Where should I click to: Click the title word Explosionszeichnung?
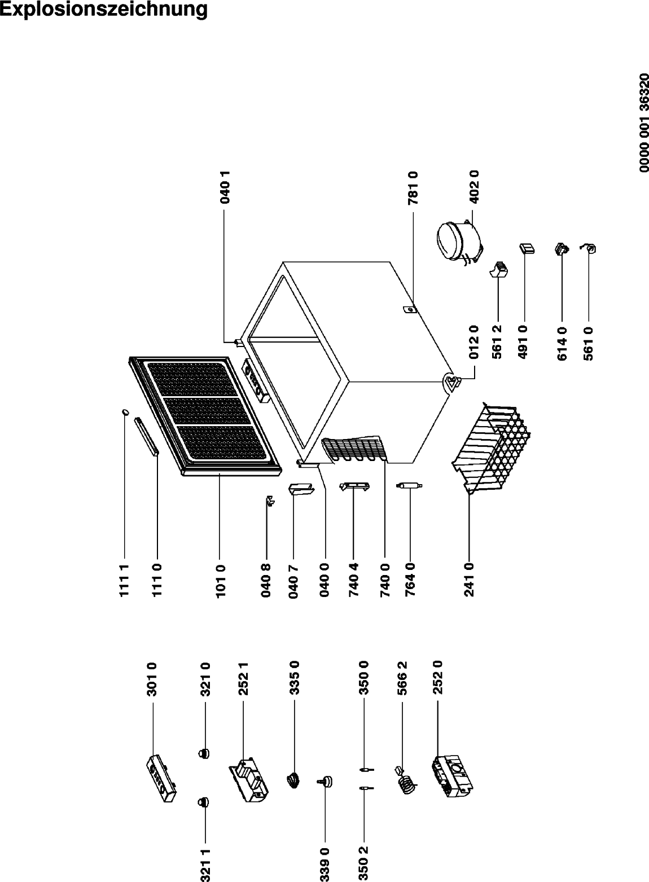103,10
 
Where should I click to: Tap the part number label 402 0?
475,187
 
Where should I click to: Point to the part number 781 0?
413,188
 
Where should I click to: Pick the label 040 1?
225,187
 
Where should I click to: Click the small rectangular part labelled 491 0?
527,248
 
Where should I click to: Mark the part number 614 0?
562,343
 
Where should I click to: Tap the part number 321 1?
205,866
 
